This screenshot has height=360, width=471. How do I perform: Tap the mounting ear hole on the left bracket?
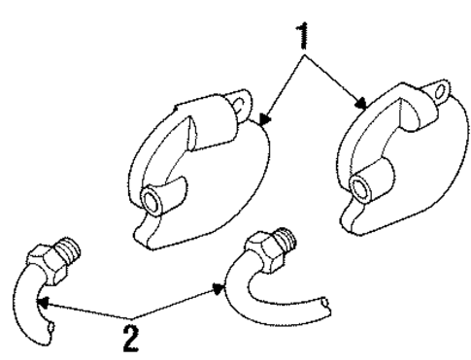coord(240,99)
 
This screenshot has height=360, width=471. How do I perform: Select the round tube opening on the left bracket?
coord(152,202)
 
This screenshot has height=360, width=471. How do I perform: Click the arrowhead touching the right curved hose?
coord(219,287)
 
